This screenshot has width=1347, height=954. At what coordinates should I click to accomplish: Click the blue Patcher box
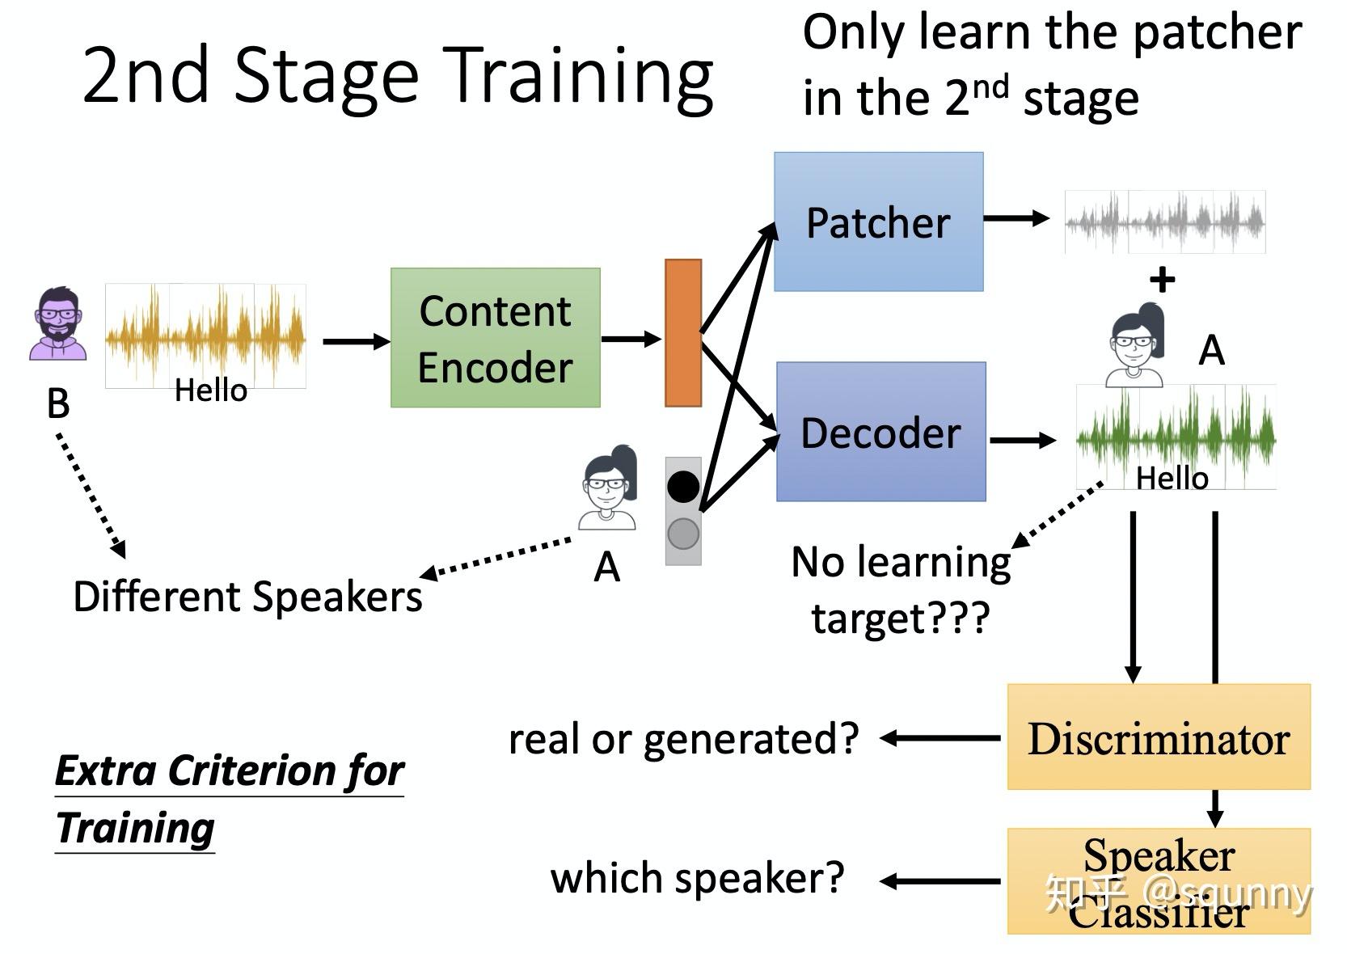point(879,222)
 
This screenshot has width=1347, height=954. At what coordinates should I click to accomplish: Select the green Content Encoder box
point(496,338)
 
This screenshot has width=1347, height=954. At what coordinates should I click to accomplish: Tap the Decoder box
point(881,432)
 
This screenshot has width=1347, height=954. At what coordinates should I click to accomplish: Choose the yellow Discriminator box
point(1159,737)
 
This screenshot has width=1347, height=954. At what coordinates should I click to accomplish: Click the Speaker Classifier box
point(1159,881)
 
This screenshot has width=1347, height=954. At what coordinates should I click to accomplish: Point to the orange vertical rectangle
point(683,333)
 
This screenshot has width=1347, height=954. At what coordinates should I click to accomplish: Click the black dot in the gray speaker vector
point(683,487)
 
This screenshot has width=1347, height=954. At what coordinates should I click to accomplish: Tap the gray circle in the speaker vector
point(683,534)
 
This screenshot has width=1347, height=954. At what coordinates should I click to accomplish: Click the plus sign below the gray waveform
point(1163,280)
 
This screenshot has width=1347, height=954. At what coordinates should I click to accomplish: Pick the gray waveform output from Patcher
point(1165,222)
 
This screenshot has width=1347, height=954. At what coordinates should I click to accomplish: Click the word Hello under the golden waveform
point(211,390)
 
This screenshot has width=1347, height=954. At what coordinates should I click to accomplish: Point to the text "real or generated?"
point(684,740)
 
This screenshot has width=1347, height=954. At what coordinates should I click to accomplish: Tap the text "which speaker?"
point(698,879)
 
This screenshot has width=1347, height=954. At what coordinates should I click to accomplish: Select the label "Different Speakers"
point(247,597)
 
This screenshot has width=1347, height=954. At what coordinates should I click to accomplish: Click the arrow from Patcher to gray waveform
point(1017,218)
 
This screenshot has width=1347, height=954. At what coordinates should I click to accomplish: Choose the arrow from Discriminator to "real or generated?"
point(940,737)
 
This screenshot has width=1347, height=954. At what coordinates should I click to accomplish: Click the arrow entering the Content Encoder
point(357,341)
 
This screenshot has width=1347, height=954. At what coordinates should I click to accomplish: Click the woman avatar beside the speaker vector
point(607,488)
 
